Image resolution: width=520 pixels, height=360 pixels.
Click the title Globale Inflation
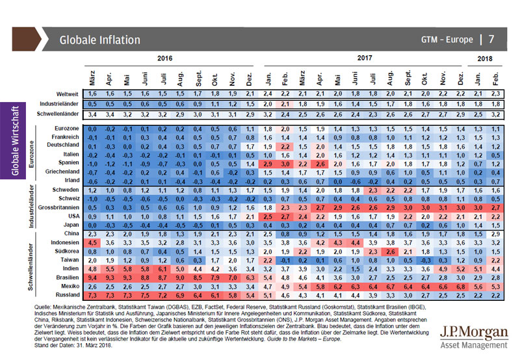click(99, 40)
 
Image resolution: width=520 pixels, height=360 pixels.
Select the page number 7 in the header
click(491, 39)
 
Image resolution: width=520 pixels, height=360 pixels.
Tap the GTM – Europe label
click(448, 40)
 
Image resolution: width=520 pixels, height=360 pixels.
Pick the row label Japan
click(70, 224)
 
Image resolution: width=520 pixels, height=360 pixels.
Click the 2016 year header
click(166, 58)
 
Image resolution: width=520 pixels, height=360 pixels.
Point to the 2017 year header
click(366, 58)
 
